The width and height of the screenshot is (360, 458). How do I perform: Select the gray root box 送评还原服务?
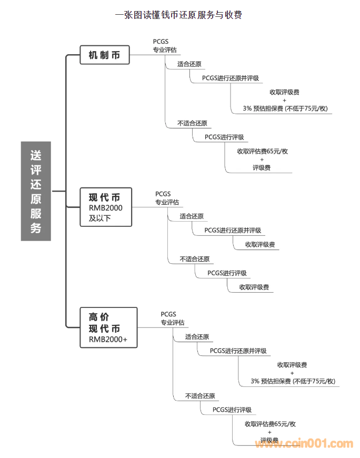click(36, 191)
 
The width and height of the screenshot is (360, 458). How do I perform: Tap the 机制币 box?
click(104, 55)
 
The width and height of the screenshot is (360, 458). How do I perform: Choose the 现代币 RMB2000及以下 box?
click(105, 207)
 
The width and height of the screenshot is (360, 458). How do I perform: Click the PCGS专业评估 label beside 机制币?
click(165, 46)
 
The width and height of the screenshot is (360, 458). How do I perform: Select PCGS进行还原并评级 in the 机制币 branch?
click(231, 78)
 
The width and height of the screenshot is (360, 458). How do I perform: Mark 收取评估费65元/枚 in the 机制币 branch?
click(262, 151)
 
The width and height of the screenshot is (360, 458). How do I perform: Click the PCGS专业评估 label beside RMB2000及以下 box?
click(167, 198)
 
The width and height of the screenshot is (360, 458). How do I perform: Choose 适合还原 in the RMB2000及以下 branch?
click(192, 216)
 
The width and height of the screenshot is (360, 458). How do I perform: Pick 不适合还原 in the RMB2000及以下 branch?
click(194, 259)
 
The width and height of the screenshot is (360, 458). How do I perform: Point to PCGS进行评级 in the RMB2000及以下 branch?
click(227, 273)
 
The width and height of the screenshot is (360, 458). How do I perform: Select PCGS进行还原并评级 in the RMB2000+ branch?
click(238, 351)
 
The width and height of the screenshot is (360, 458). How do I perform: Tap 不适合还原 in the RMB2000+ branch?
click(200, 396)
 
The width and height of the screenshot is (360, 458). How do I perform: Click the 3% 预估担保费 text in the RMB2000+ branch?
click(293, 382)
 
